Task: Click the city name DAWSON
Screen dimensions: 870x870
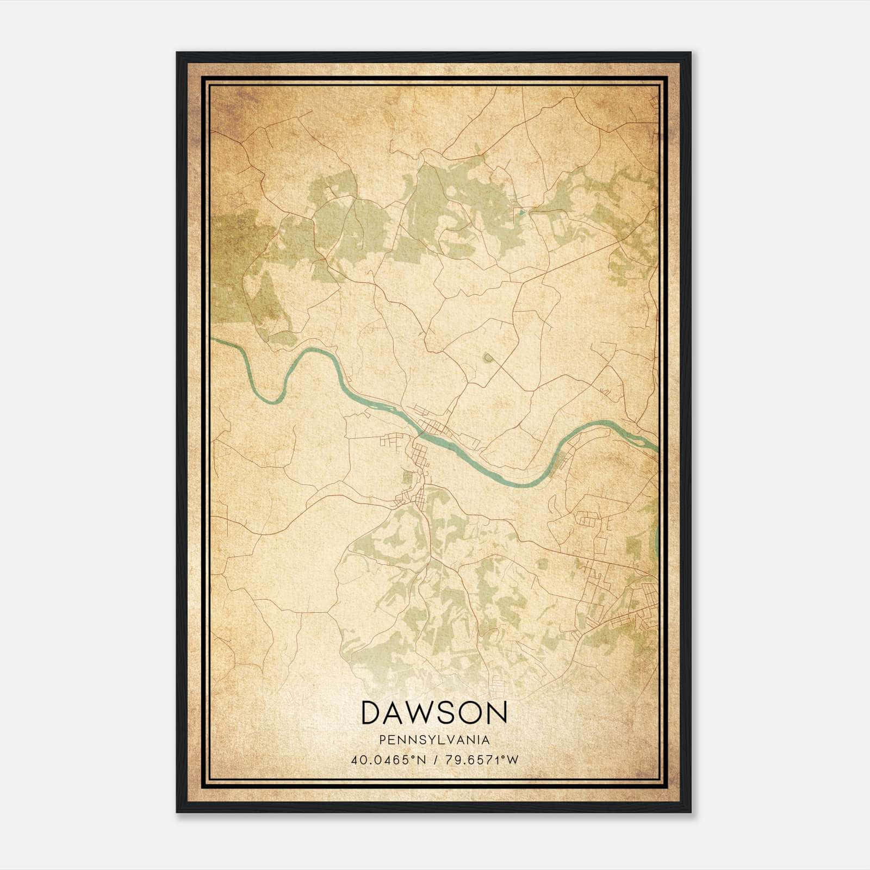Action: click(x=434, y=712)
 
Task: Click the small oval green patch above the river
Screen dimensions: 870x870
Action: click(x=488, y=357)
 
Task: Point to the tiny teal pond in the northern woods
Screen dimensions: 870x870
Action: click(x=522, y=212)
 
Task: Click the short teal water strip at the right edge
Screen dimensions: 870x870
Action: click(x=656, y=538)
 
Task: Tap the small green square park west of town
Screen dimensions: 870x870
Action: click(x=408, y=477)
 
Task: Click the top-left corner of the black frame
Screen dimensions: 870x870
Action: click(x=177, y=53)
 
